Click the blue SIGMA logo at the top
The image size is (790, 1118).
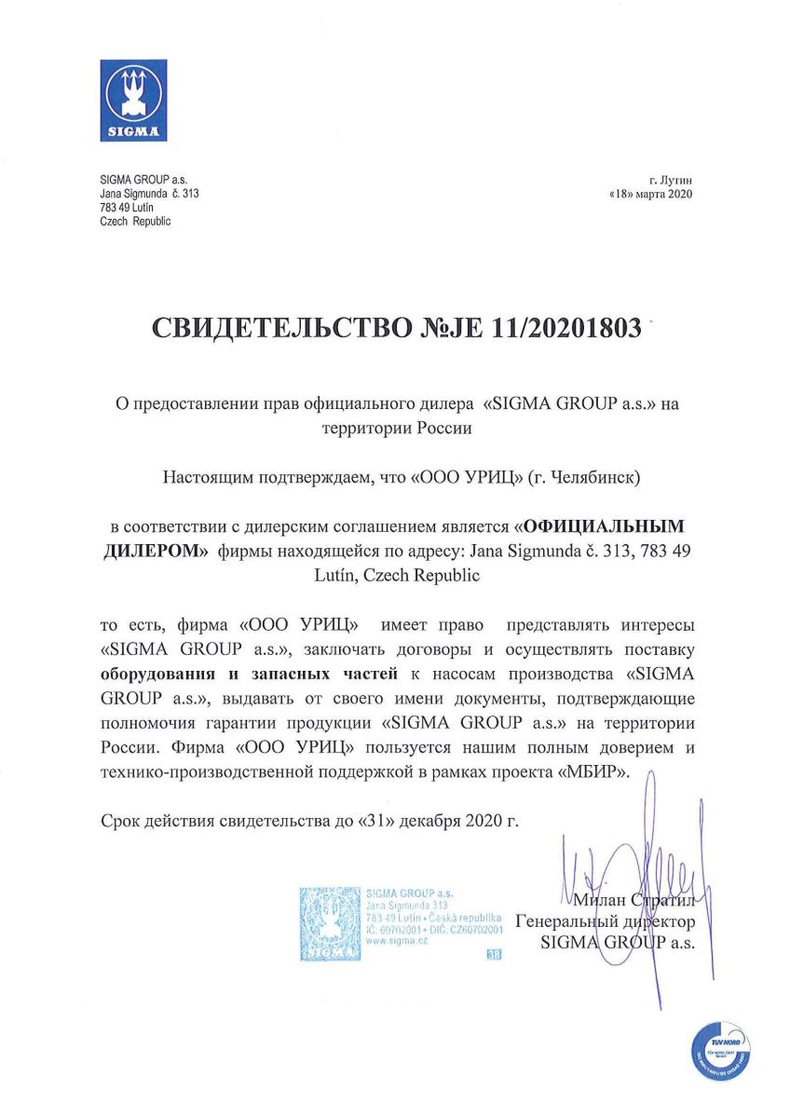pyautogui.click(x=133, y=100)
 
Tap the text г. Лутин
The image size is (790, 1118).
pyautogui.click(x=671, y=179)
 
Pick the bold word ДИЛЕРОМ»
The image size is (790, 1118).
pyautogui.click(x=155, y=551)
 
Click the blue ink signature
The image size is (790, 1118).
pyautogui.click(x=643, y=885)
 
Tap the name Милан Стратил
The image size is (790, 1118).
pyautogui.click(x=634, y=901)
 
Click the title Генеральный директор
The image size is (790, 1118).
pyautogui.click(x=605, y=922)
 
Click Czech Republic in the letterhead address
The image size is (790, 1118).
pyautogui.click(x=135, y=222)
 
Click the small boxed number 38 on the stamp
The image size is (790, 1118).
pyautogui.click(x=493, y=955)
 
